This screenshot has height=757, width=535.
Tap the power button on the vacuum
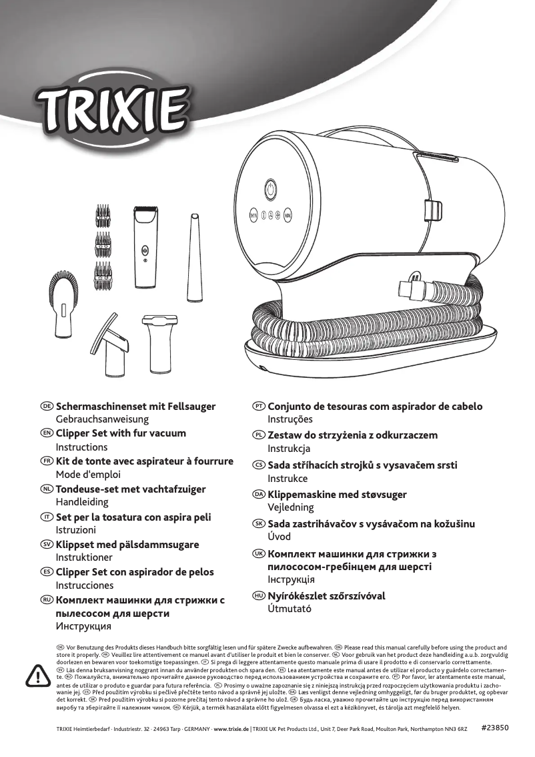[x=271, y=189]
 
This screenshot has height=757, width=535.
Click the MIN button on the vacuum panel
[x=253, y=216]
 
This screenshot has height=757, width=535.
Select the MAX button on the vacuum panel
[x=288, y=216]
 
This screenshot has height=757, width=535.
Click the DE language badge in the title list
[x=47, y=406]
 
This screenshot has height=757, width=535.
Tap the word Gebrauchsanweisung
[x=102, y=420]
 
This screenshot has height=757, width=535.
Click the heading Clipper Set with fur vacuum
[x=121, y=433]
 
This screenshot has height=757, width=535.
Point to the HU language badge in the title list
[x=258, y=595]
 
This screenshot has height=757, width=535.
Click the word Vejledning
[x=290, y=507]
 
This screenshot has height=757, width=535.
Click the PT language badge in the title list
[x=258, y=406]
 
